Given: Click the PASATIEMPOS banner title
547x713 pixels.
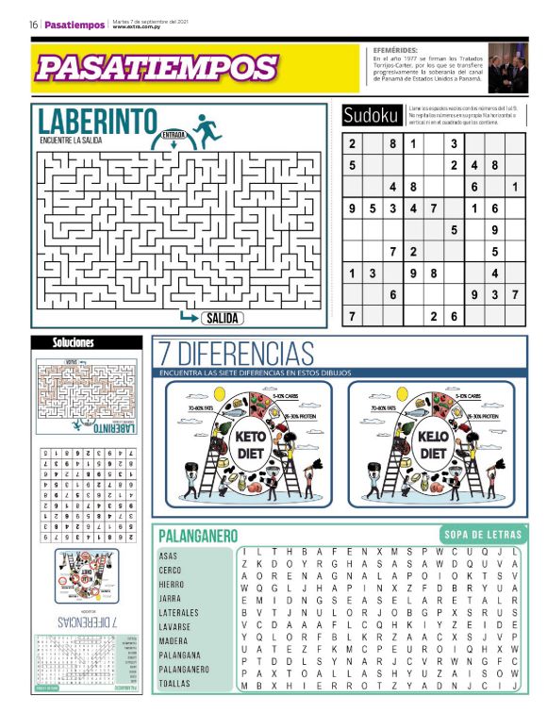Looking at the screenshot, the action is coord(157,68).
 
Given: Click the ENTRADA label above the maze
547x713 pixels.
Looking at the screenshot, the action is coord(173,134).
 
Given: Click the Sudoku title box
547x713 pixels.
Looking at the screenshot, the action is coord(372,115).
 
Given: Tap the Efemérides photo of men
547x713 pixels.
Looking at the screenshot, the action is coord(507,68).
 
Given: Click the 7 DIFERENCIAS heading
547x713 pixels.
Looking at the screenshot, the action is coord(235,355).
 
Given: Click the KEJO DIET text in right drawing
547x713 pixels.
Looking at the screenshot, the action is coord(433,444).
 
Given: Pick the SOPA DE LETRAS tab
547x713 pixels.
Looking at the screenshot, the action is coord(484,535).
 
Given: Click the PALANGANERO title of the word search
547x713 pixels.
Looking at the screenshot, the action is coord(197,536).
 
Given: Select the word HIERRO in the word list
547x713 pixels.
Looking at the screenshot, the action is coord(172,584).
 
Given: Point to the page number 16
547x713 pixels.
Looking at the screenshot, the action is coord(33,25).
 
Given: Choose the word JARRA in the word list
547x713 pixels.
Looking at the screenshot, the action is coord(170,598).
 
